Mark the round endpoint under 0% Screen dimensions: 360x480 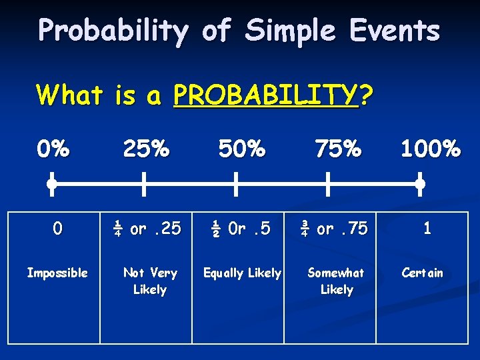coord(51,183)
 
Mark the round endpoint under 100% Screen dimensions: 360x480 coord(420,183)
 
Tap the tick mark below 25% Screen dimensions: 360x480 coord(144,183)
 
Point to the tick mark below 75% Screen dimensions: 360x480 coord(328,183)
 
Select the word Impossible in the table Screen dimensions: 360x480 coord(57,273)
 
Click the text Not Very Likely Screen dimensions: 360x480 coord(150,281)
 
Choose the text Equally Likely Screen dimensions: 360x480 coord(242,273)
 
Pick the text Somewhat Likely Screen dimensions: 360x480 coord(336,281)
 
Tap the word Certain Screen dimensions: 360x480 coord(422,273)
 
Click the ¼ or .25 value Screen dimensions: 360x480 coord(147,229)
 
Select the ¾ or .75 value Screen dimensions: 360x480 coord(333,229)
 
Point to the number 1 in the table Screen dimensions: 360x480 coord(427,229)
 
